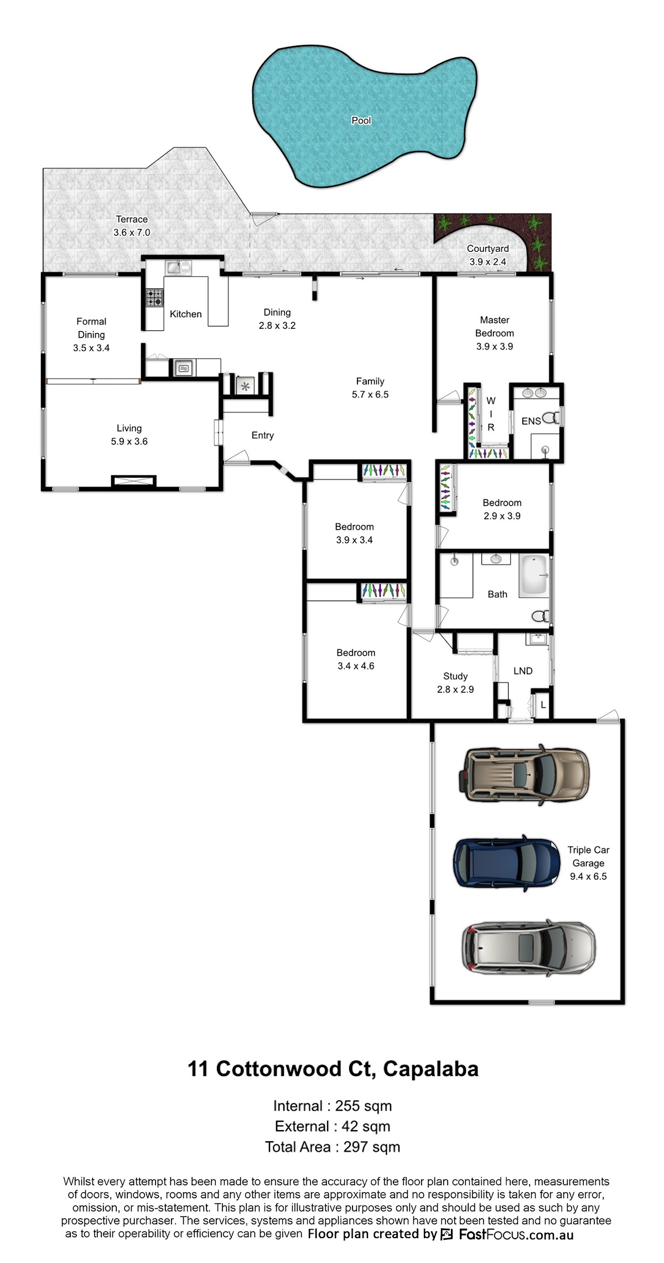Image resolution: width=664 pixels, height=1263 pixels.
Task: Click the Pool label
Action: coord(361,120)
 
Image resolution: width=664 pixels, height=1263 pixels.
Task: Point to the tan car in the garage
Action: coord(523,774)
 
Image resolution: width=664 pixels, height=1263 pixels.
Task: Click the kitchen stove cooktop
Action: coord(154,297)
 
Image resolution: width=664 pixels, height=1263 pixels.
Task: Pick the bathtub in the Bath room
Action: coord(533,576)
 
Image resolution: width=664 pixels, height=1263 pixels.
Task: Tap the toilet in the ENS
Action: coord(551,417)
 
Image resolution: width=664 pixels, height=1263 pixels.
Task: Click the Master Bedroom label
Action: coord(495,327)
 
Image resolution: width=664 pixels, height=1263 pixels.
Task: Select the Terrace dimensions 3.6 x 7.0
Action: coord(132,232)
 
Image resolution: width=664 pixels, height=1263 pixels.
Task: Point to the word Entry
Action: coord(263,436)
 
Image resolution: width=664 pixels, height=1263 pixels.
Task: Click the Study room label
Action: coord(455,676)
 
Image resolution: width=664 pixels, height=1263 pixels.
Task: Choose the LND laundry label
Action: coord(523,671)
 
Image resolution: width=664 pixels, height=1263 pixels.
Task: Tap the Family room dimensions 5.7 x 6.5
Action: coord(370,395)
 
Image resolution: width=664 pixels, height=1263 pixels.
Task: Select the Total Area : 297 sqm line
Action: coord(333,1146)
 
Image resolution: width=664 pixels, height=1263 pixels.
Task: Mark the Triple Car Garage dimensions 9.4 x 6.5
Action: coord(588,876)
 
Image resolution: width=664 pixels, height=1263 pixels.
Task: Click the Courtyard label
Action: coord(487,249)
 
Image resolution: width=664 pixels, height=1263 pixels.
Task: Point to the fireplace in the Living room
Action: coord(133,481)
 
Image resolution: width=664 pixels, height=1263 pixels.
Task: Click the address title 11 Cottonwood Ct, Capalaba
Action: coord(333,1068)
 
